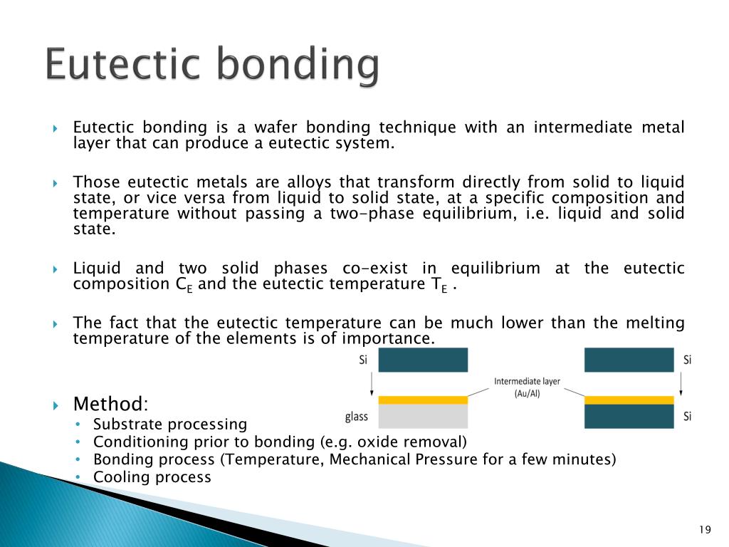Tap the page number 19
point(706,528)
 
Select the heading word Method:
point(111,405)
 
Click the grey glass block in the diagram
point(423,416)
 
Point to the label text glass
point(357,417)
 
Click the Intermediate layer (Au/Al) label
point(527,387)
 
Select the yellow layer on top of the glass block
point(423,400)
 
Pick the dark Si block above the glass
point(423,360)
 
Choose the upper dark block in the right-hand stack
point(629,360)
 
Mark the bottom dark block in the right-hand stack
point(629,416)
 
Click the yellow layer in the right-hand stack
point(629,400)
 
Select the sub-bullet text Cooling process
point(152,477)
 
